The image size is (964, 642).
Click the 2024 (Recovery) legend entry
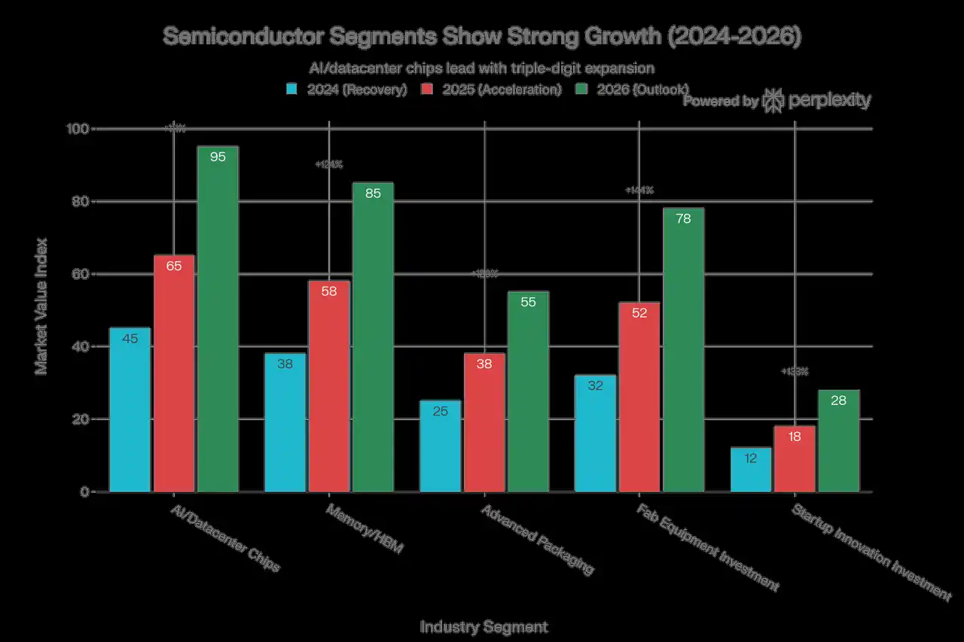[x=347, y=90]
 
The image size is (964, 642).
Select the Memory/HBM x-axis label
[x=365, y=529]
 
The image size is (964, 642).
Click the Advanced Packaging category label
[x=537, y=540]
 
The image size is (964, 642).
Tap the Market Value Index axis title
[x=41, y=306]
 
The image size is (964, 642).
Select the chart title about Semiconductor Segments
[x=482, y=38]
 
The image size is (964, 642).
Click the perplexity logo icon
[x=773, y=100]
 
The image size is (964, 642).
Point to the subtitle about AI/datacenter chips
[x=482, y=68]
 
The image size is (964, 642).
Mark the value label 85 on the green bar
[x=373, y=193]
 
